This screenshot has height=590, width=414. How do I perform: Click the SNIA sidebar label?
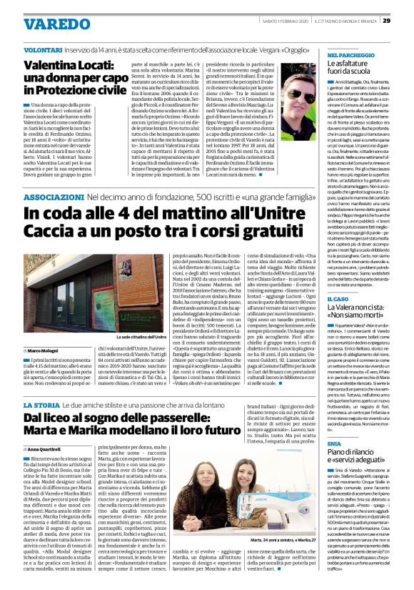coord(334,444)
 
